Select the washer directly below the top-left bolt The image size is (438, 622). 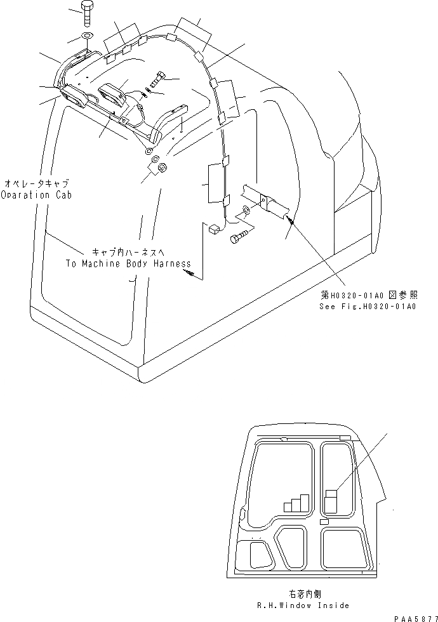tap(87, 35)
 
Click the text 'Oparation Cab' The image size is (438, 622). tap(36, 195)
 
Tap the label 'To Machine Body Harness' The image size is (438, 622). tap(128, 263)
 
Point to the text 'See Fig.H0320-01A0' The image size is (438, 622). tap(368, 307)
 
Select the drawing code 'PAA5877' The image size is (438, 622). tap(416, 616)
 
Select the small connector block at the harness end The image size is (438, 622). tap(213, 228)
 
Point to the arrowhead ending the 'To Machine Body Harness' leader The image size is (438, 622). tap(188, 274)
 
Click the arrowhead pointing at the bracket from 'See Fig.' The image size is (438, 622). tap(289, 220)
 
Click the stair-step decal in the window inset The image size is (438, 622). tap(296, 503)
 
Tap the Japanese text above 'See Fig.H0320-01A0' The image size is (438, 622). tap(369, 295)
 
